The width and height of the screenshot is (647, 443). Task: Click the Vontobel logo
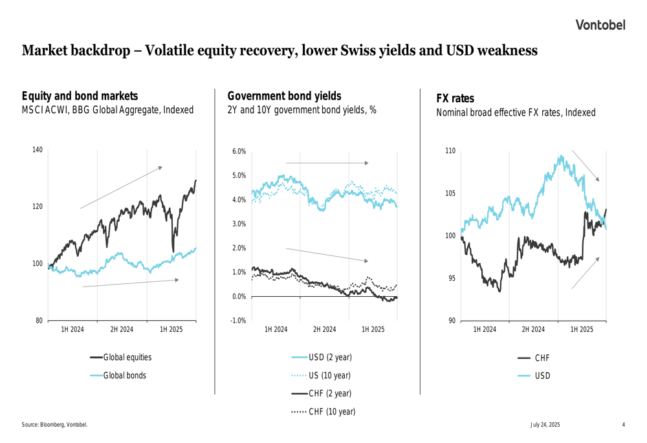[600, 25]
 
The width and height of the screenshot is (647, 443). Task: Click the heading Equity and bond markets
[80, 96]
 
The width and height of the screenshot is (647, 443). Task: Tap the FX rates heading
[455, 98]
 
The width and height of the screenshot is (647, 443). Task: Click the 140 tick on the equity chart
[38, 150]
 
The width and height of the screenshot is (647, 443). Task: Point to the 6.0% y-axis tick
[239, 151]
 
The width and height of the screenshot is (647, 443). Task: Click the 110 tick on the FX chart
[450, 151]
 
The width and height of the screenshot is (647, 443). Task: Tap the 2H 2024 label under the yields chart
[324, 330]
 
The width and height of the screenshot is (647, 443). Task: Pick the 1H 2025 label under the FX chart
[582, 330]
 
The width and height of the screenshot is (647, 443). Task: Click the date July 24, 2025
[545, 425]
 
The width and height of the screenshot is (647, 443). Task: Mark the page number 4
[623, 425]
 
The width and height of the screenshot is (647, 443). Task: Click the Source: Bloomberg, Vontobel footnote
[54, 425]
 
